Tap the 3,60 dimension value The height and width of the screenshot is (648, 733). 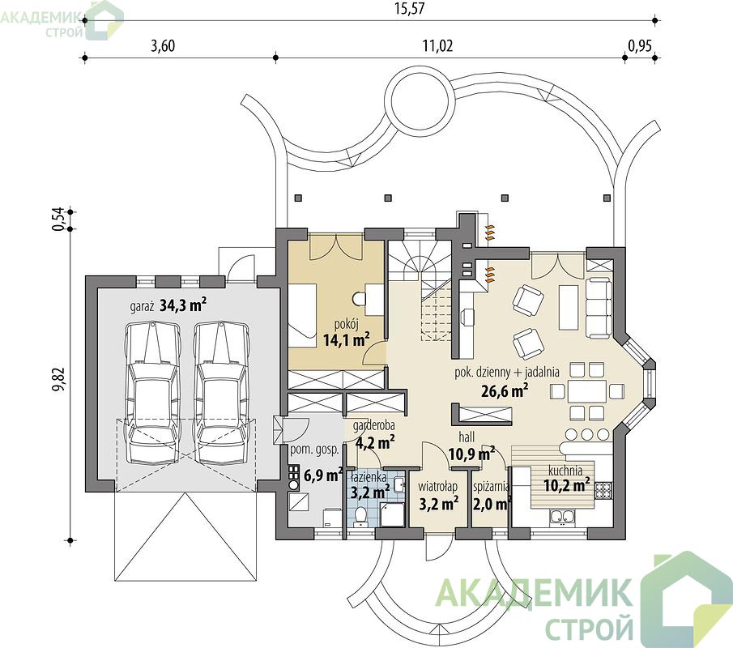[163, 46]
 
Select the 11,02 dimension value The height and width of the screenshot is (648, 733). [437, 46]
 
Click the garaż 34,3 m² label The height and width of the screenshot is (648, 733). [168, 306]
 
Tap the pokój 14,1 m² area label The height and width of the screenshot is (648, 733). [347, 334]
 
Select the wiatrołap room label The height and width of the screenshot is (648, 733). [437, 487]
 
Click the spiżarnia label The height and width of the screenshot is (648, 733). [491, 487]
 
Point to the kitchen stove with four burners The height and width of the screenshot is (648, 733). [603, 490]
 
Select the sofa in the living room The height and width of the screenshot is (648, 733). [599, 308]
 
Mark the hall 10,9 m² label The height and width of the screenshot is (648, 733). [471, 446]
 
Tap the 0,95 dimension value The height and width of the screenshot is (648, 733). [640, 46]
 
